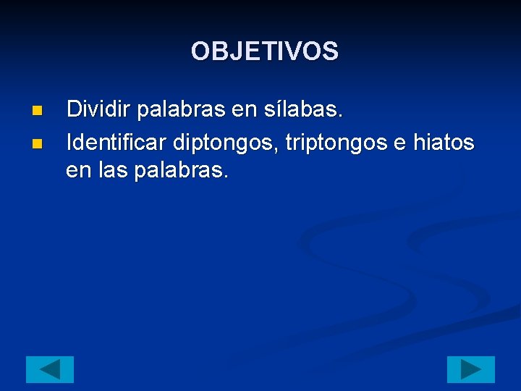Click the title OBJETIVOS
[x=264, y=51]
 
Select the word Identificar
[x=117, y=143]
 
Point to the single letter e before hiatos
[x=399, y=143]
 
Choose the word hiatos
[x=444, y=143]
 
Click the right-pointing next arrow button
[x=470, y=369]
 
